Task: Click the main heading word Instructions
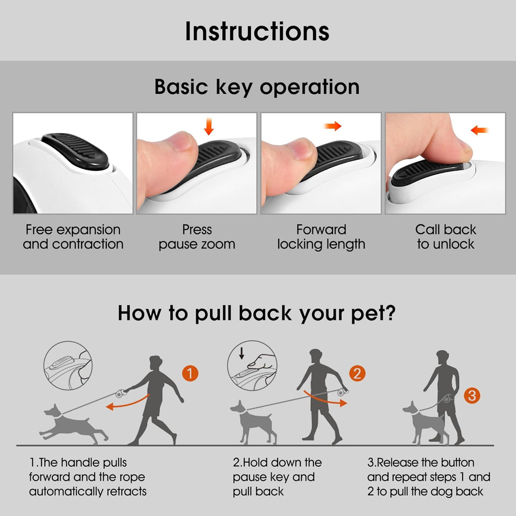(257, 32)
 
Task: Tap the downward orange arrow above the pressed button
(209, 126)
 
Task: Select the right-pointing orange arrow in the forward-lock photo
(333, 125)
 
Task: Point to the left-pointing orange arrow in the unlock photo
(480, 131)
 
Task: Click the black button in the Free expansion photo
(76, 151)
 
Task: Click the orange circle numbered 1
(190, 373)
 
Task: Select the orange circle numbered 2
(357, 373)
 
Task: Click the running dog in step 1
(73, 424)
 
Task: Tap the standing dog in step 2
(253, 422)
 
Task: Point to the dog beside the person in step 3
(424, 423)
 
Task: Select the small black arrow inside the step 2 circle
(242, 353)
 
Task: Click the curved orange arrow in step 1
(127, 403)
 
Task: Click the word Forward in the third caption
(321, 229)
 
